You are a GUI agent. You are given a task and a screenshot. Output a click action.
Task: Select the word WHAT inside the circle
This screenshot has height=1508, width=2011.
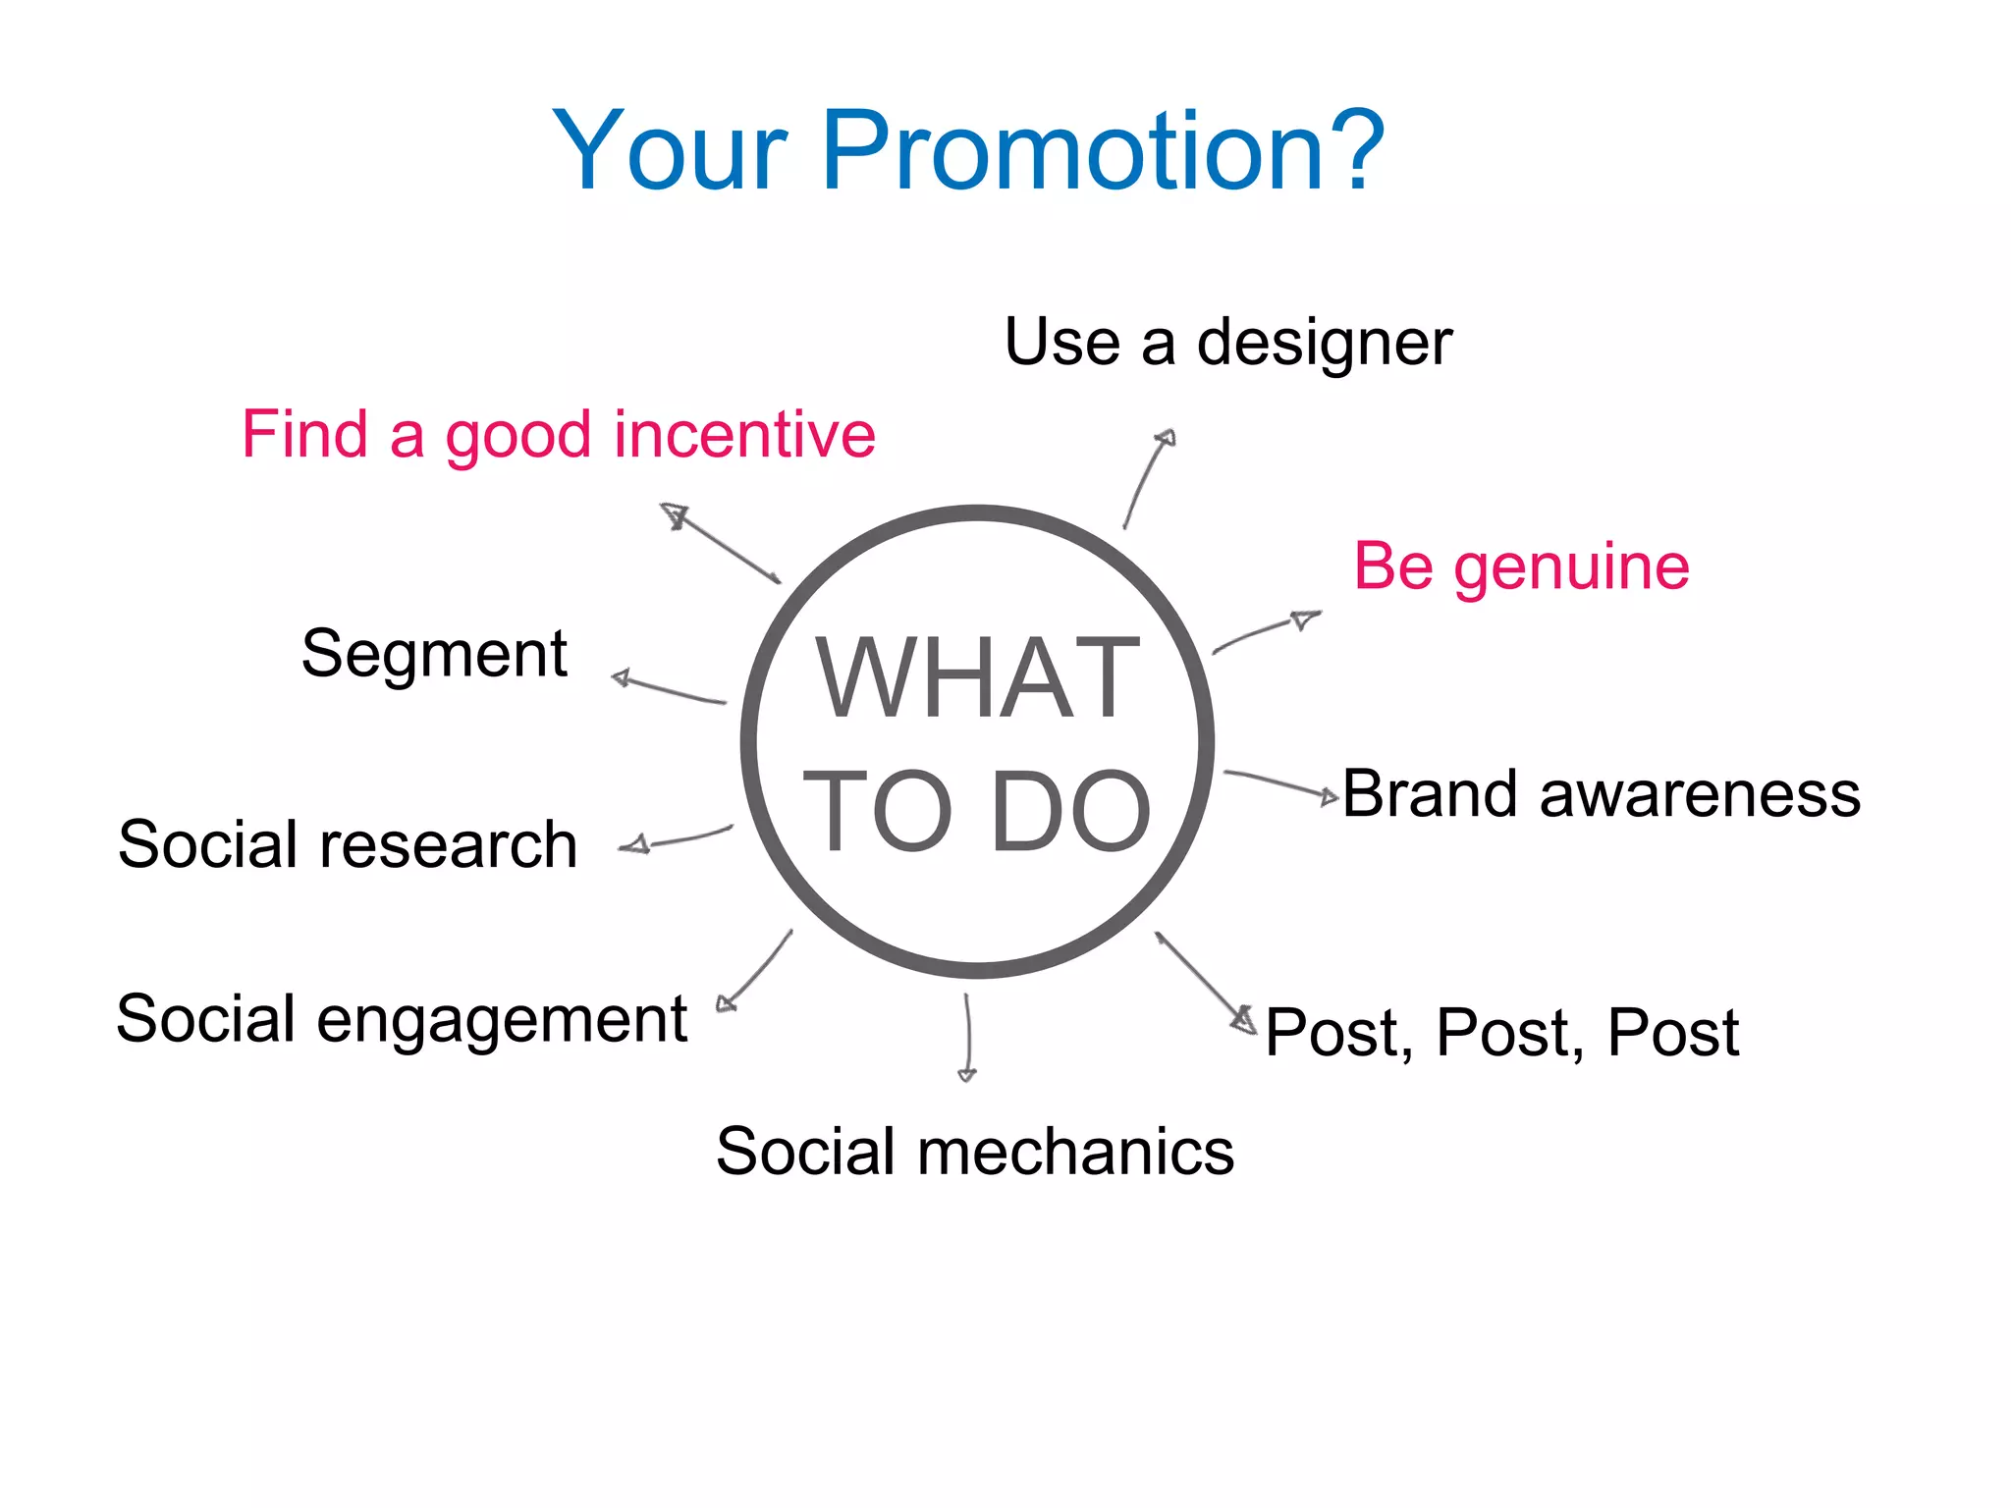tap(977, 677)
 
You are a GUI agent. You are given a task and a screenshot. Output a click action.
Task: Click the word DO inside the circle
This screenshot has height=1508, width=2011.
tap(1070, 811)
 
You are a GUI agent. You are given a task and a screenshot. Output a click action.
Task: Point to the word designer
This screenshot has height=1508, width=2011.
tap(1324, 344)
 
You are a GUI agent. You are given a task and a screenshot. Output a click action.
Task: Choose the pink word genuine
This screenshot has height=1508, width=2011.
tap(1571, 566)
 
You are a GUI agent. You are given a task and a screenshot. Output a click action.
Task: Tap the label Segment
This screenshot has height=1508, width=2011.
tap(434, 654)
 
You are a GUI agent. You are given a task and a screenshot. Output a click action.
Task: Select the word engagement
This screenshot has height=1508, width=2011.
tap(502, 1019)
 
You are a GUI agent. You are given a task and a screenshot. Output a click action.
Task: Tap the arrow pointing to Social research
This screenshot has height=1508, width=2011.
tap(678, 839)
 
